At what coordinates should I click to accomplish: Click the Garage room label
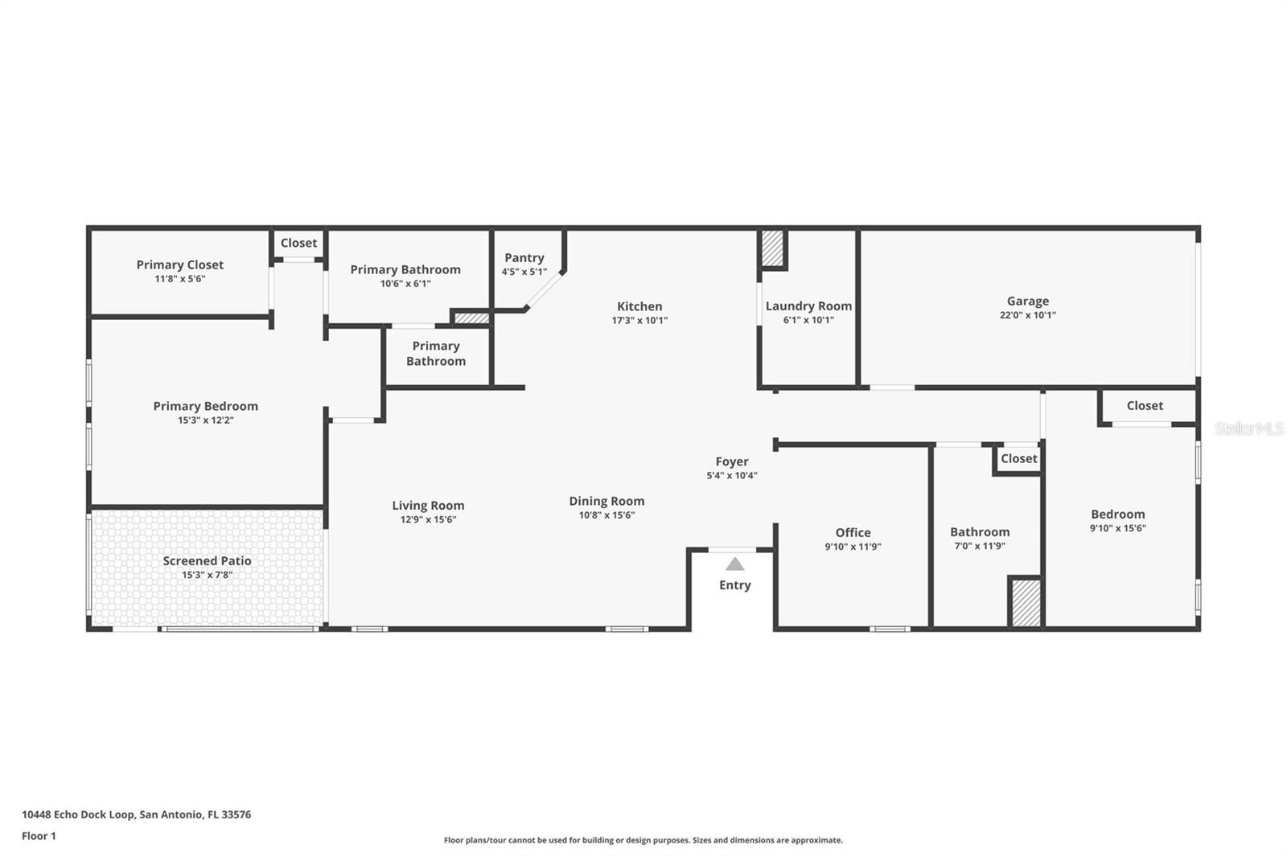(1028, 301)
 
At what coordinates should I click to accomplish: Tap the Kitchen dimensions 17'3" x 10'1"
(639, 321)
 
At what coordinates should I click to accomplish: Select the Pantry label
(524, 258)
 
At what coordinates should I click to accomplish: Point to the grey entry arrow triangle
(735, 564)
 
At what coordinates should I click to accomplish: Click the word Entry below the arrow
(735, 584)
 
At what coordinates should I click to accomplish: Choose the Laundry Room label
(808, 306)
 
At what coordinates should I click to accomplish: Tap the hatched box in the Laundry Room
(773, 248)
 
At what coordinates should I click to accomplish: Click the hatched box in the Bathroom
(1026, 603)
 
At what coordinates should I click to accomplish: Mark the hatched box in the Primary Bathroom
(471, 318)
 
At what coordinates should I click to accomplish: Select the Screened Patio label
(207, 560)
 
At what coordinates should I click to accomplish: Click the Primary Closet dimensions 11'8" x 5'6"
(180, 279)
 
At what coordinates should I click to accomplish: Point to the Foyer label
(732, 461)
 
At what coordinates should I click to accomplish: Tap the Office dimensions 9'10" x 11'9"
(853, 547)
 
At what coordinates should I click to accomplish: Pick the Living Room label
(428, 506)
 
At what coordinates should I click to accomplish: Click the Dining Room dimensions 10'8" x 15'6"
(606, 515)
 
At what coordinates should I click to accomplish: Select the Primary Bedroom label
(206, 406)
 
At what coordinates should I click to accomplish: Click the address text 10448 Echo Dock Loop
(78, 814)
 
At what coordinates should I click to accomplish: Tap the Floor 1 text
(39, 836)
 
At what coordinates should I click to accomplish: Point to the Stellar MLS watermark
(1249, 428)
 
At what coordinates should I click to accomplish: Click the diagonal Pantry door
(544, 291)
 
